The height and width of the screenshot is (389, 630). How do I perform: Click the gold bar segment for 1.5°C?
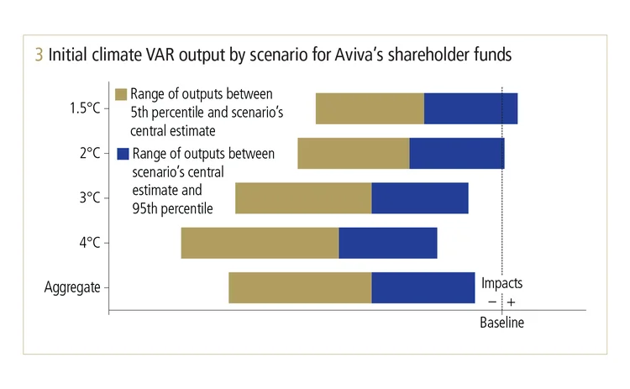pyautogui.click(x=370, y=108)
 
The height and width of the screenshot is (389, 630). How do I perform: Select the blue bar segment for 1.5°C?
pyautogui.click(x=470, y=108)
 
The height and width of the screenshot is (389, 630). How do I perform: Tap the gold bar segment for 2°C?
pyautogui.click(x=353, y=154)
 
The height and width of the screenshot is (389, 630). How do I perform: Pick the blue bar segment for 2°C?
pyautogui.click(x=456, y=154)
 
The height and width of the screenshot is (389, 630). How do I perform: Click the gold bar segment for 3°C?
pyautogui.click(x=303, y=198)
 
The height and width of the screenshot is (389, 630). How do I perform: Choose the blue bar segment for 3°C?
pyautogui.click(x=419, y=198)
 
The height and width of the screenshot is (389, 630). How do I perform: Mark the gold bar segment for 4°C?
pyautogui.click(x=260, y=243)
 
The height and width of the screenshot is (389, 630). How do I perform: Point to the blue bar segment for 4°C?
pyautogui.click(x=387, y=243)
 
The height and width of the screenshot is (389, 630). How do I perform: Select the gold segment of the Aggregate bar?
pyautogui.click(x=300, y=287)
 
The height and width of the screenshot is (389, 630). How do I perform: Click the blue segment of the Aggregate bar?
pyautogui.click(x=423, y=287)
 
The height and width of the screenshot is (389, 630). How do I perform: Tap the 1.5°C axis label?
pyautogui.click(x=86, y=108)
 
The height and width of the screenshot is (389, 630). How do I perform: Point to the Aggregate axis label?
pyautogui.click(x=72, y=287)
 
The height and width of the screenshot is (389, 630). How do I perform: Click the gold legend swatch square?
pyautogui.click(x=121, y=93)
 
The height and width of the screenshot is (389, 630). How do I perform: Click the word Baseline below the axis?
pyautogui.click(x=501, y=323)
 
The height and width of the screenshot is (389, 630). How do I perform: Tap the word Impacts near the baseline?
pyautogui.click(x=501, y=284)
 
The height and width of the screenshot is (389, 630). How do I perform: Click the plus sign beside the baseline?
pyautogui.click(x=511, y=302)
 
